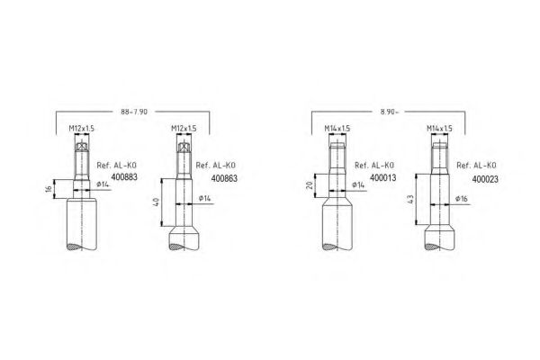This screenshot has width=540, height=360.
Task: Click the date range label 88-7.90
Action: point(134,112)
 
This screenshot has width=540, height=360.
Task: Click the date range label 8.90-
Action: point(389,112)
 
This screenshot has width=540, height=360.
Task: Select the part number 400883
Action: point(124,177)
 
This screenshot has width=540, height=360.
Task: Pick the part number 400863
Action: point(224,178)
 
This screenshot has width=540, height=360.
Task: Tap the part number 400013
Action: point(383,178)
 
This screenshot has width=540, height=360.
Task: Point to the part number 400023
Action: point(485,179)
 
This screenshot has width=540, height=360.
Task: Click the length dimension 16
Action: point(49,189)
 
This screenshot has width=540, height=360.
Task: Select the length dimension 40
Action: point(156,202)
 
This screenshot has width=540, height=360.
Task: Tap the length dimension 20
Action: point(310,185)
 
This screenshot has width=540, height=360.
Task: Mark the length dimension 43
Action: point(410,200)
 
